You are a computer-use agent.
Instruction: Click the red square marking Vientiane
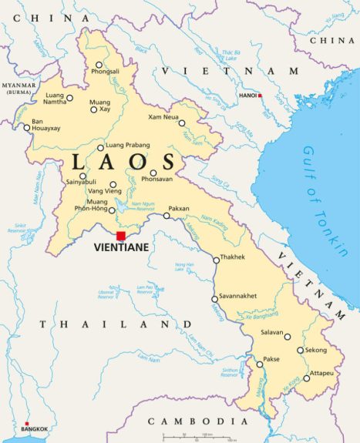(x=120, y=236)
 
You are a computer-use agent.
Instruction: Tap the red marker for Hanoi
(x=261, y=96)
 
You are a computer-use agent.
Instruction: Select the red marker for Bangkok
(x=27, y=423)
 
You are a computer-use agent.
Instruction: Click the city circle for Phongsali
(x=99, y=65)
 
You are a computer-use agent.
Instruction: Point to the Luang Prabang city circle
(x=100, y=148)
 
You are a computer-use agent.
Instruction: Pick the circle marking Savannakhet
(x=215, y=299)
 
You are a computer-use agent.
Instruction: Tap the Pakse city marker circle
(x=260, y=364)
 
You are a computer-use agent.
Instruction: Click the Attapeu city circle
(x=306, y=378)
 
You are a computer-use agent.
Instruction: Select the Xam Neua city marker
(x=182, y=122)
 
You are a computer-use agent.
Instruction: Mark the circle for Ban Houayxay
(x=26, y=128)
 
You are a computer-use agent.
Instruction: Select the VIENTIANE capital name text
(x=120, y=248)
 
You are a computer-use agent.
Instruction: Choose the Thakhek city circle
(x=216, y=260)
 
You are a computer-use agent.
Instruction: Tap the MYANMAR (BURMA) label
(x=19, y=88)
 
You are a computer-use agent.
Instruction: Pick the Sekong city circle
(x=301, y=350)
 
